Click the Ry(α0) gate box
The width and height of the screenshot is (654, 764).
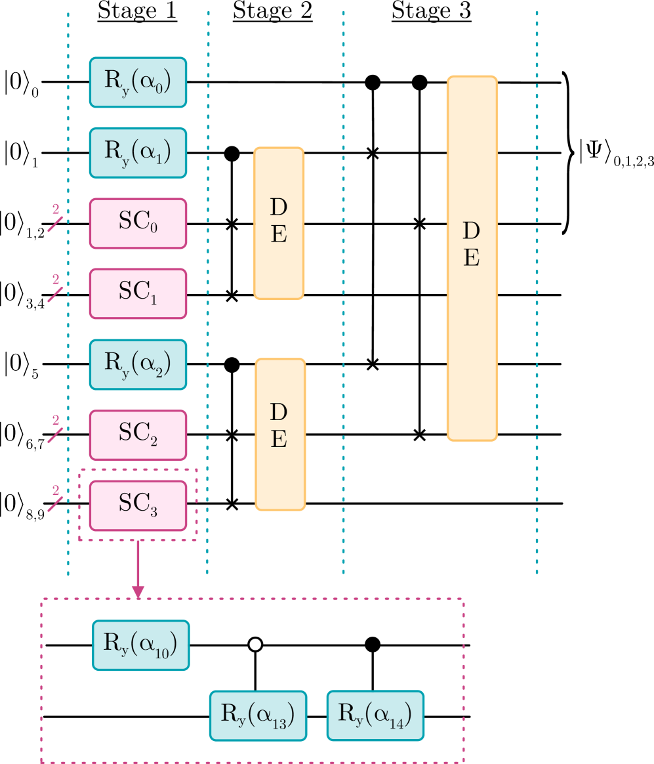pos(138,82)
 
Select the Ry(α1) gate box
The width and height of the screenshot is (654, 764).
pos(138,153)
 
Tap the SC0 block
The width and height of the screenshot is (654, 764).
pos(138,223)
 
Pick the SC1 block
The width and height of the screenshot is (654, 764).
pos(138,293)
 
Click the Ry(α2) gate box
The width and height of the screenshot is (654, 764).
pos(138,364)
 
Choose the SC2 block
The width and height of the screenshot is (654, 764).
pos(138,435)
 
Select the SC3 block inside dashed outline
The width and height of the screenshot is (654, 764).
pos(138,505)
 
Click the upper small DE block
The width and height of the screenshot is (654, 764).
pos(279,223)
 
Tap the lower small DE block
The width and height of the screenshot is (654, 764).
pos(280,434)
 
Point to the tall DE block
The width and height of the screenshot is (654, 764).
pos(472,258)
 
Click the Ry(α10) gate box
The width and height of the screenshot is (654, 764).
pos(140,645)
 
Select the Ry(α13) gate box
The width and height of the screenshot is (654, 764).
pos(258,715)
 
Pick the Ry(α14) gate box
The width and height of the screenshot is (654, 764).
pos(375,715)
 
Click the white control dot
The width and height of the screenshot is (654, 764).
pos(255,645)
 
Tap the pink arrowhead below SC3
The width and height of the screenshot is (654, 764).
pos(138,591)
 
